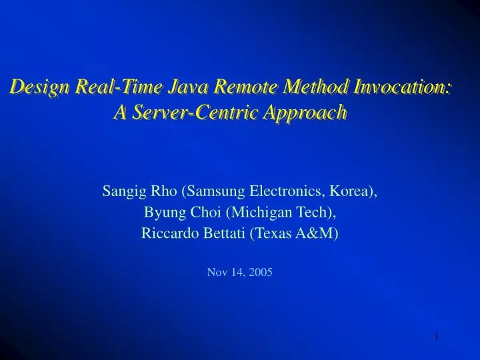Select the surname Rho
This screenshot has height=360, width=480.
pos(162,192)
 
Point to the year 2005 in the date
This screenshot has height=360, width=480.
pos(261,272)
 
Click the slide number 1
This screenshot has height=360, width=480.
pos(436,337)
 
